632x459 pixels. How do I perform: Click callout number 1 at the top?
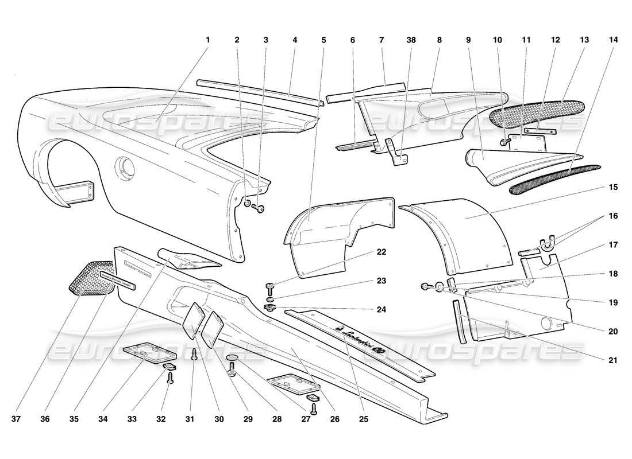point(208,40)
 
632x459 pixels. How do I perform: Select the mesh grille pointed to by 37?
point(92,278)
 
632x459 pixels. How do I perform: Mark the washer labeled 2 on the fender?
point(247,204)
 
